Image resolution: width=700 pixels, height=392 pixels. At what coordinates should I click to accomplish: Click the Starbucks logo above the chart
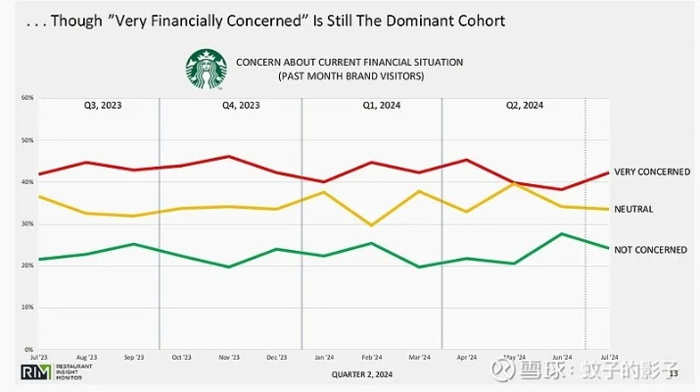(207, 69)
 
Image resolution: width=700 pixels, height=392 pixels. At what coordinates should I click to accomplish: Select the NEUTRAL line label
(632, 209)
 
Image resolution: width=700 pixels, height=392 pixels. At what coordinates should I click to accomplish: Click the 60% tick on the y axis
(27, 98)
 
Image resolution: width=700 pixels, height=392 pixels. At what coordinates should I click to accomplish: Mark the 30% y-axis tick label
(27, 223)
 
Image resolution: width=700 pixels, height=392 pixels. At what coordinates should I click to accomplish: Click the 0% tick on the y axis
(29, 349)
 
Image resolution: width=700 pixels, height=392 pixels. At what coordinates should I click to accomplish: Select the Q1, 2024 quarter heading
(372, 105)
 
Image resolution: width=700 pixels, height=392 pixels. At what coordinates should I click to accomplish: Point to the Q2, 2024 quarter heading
(524, 105)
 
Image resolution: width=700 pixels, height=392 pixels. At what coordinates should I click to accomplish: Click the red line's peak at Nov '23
(228, 157)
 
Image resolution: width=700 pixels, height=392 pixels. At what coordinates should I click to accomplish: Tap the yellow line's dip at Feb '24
(372, 224)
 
